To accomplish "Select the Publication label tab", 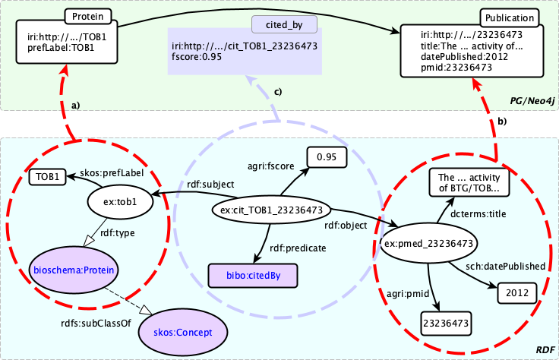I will pyautogui.click(x=509, y=17).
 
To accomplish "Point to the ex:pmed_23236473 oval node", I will pyautogui.click(x=429, y=244).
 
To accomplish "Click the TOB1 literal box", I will pyautogui.click(x=47, y=178).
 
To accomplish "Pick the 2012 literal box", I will pyautogui.click(x=517, y=291).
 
